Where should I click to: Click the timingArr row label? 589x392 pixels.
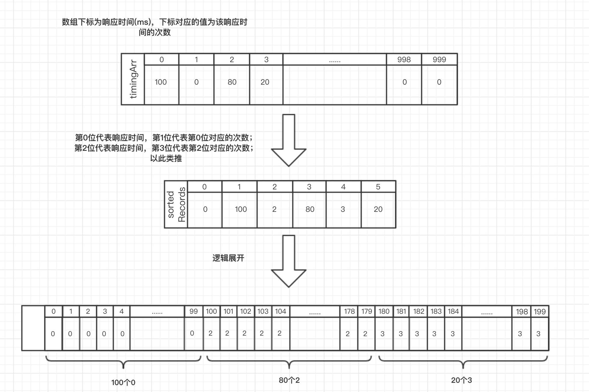[133, 79]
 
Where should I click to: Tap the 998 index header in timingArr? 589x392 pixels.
[404, 60]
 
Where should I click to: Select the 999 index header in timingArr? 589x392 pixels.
[439, 60]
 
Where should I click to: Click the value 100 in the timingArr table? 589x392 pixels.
[161, 82]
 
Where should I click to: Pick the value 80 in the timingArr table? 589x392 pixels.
[232, 82]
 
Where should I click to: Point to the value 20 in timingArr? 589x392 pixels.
[265, 82]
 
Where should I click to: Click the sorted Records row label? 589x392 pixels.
[176, 205]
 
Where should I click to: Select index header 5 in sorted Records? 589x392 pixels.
[378, 187]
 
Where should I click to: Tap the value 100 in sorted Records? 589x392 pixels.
[241, 209]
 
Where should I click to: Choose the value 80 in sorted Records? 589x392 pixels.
[310, 209]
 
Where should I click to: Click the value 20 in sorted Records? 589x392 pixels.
[378, 209]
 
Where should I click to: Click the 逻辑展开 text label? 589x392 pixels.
[228, 258]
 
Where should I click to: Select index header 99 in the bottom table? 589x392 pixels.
[194, 311]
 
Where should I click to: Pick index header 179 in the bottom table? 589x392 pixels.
[366, 311]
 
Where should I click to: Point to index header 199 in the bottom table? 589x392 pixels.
[540, 312]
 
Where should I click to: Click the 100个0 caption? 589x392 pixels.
[123, 383]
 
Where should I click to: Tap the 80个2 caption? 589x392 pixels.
[289, 380]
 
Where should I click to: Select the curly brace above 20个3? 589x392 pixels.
[463, 361]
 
